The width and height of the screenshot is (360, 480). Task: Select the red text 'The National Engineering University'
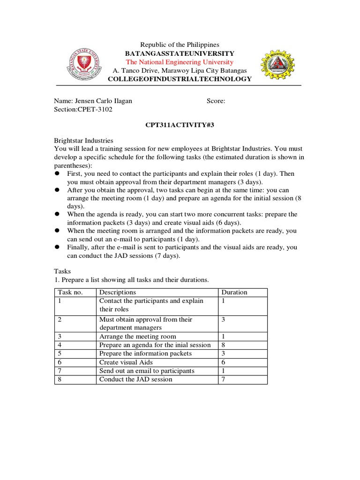click(x=180, y=62)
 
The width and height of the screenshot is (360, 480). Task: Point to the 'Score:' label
click(x=216, y=101)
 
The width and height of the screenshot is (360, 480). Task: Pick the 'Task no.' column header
click(x=70, y=292)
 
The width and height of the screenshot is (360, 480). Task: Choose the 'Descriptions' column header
click(x=117, y=292)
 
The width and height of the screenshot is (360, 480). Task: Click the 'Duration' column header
click(x=234, y=292)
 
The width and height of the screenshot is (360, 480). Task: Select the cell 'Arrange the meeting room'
click(x=138, y=336)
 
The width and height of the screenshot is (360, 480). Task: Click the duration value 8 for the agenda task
click(x=224, y=345)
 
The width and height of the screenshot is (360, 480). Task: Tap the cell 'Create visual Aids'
click(x=126, y=362)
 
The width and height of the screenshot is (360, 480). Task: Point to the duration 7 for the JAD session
click(x=224, y=379)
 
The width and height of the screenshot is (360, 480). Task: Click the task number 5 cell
click(x=60, y=353)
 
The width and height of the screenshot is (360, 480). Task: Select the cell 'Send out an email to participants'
click(x=147, y=371)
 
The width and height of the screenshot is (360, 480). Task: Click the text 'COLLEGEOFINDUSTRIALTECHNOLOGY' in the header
click(x=180, y=79)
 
